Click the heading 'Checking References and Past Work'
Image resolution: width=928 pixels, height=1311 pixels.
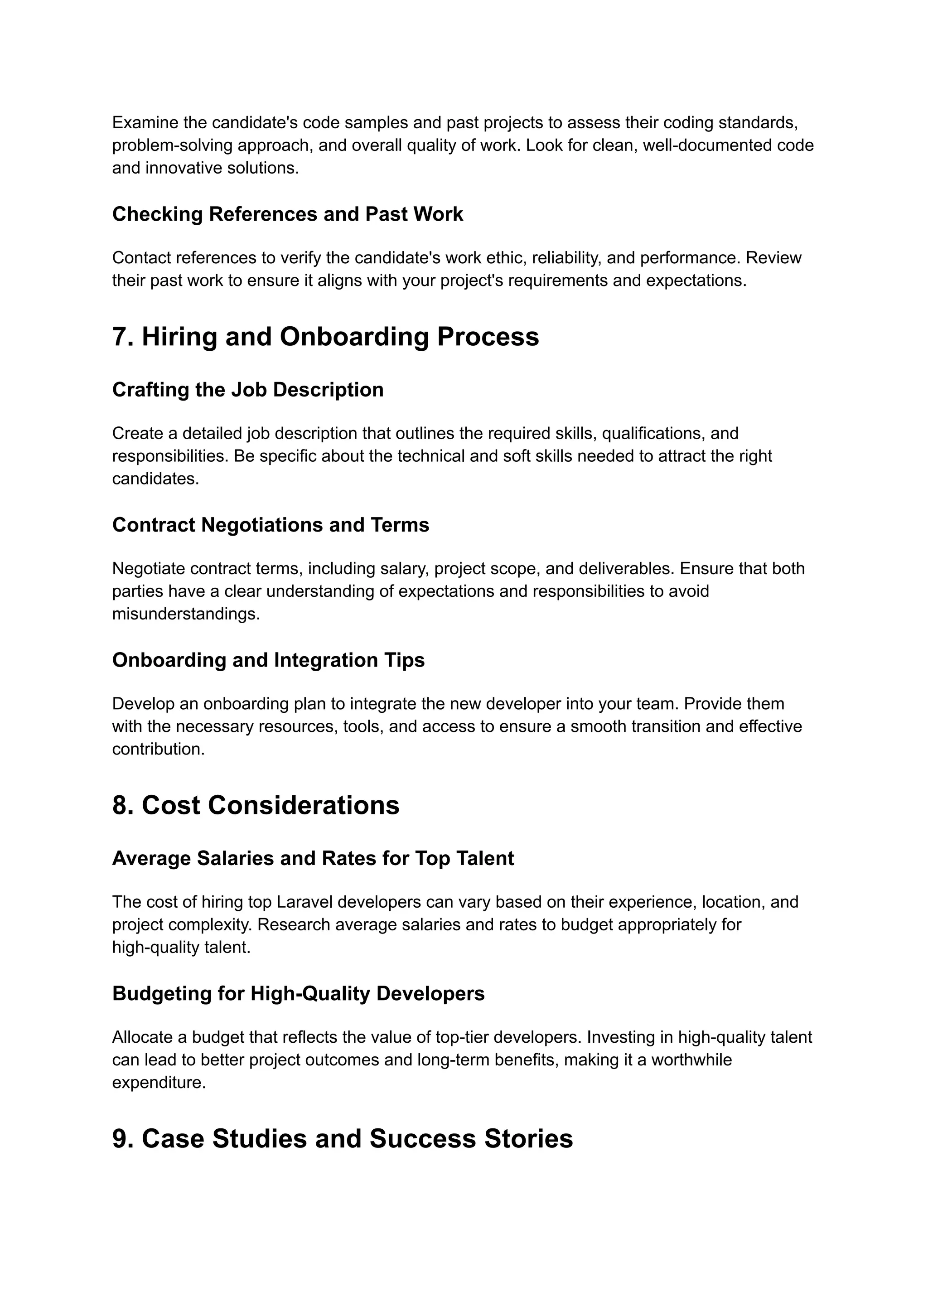point(287,214)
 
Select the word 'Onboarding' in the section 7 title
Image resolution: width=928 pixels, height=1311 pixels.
point(354,337)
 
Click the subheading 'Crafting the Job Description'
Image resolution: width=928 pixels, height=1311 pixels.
point(247,390)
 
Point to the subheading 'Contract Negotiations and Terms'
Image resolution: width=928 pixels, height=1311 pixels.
point(270,525)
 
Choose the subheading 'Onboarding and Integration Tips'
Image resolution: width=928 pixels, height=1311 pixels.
point(268,660)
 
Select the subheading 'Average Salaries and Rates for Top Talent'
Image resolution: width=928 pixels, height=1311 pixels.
point(313,858)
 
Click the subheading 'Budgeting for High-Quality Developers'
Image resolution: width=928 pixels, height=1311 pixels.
point(298,993)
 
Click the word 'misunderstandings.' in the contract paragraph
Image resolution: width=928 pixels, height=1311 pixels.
point(186,614)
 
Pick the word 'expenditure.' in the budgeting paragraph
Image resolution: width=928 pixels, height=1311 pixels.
point(158,1083)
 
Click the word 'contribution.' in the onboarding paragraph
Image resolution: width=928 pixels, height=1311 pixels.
point(158,749)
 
